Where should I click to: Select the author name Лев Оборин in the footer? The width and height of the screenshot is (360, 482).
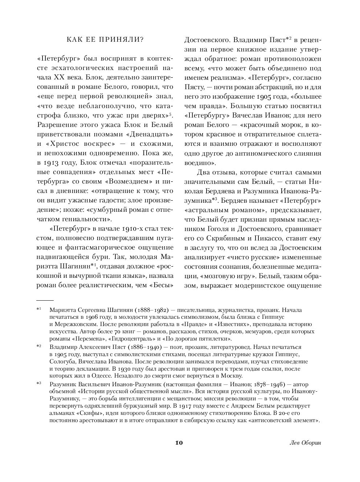click(x=306, y=443)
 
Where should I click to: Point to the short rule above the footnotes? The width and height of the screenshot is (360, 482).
click(x=45, y=300)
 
